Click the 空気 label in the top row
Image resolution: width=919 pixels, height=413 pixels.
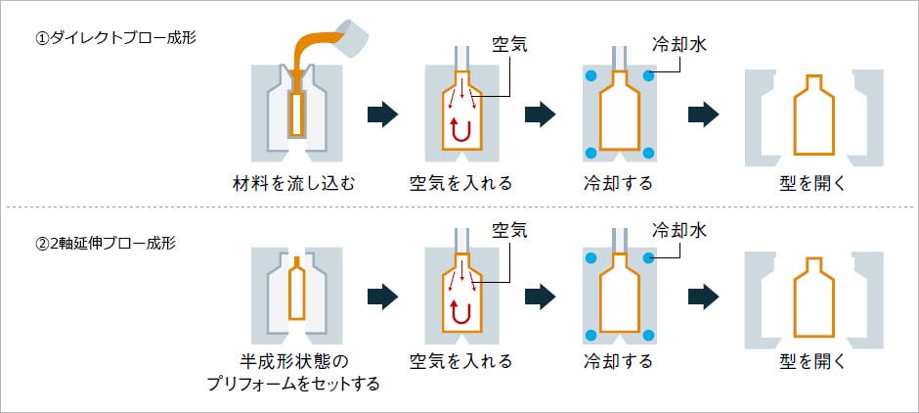[x=509, y=45]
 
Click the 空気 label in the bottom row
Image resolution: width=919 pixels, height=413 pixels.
[x=509, y=230]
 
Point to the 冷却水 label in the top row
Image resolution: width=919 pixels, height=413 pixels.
[x=678, y=45]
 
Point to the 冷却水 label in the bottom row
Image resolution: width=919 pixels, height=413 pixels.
[x=678, y=231]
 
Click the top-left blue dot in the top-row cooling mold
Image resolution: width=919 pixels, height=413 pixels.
[x=591, y=76]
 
